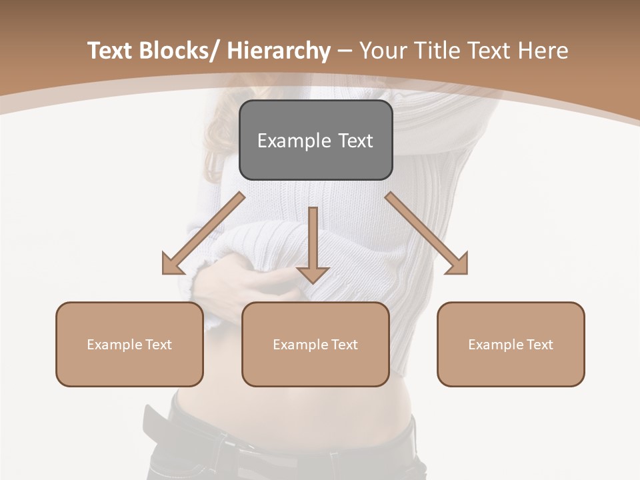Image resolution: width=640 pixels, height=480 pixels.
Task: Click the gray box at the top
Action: click(315, 140)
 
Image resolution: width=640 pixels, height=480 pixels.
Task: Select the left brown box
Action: click(129, 344)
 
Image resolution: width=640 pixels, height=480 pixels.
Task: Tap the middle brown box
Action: click(315, 344)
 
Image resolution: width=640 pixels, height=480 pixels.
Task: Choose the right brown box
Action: click(511, 344)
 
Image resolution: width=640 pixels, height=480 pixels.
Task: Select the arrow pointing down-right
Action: click(427, 233)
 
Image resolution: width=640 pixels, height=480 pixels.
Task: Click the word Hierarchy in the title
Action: click(279, 51)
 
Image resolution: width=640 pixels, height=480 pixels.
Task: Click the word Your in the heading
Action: click(383, 51)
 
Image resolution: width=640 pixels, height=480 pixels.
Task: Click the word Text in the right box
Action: click(539, 345)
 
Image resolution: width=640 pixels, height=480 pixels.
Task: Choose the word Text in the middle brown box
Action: click(343, 345)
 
